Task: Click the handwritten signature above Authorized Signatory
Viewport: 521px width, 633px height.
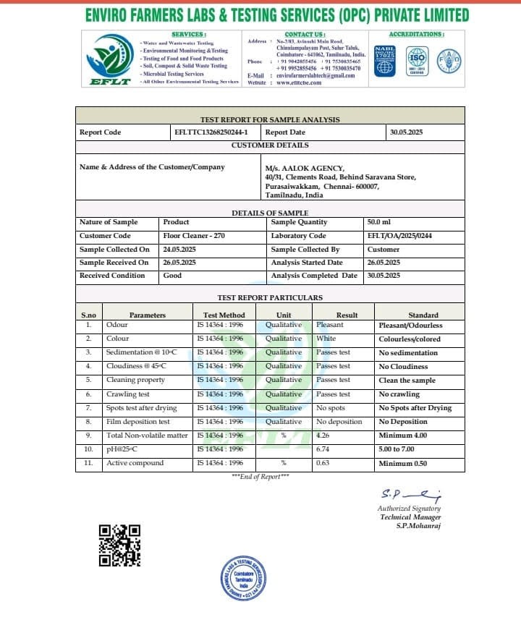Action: click(410, 496)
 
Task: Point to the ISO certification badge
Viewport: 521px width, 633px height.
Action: click(417, 59)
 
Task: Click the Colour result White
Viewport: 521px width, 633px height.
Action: click(326, 339)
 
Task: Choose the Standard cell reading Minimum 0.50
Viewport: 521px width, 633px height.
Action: click(403, 463)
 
